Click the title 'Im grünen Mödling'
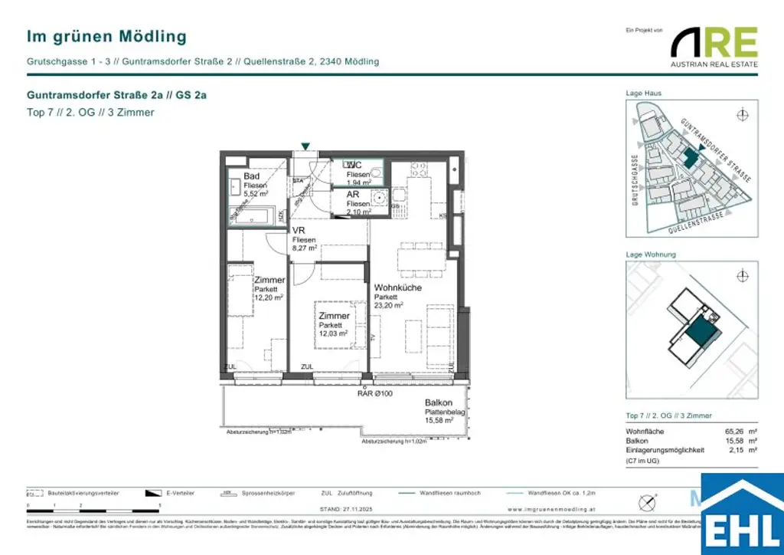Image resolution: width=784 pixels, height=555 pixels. pyautogui.click(x=106, y=36)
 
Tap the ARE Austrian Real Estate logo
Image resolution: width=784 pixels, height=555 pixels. pyautogui.click(x=714, y=48)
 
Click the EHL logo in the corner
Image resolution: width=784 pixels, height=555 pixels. pyautogui.click(x=742, y=515)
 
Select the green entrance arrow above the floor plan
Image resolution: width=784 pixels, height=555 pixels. pyautogui.click(x=306, y=146)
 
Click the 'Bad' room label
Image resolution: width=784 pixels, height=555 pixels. pyautogui.click(x=252, y=176)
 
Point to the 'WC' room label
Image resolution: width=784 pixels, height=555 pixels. pyautogui.click(x=354, y=166)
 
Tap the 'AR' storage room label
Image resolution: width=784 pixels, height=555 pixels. pyautogui.click(x=352, y=195)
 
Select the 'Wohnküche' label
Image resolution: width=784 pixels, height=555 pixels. pyautogui.click(x=397, y=287)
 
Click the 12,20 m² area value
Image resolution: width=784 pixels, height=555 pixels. pyautogui.click(x=269, y=297)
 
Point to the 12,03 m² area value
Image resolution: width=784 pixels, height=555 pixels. pyautogui.click(x=333, y=333)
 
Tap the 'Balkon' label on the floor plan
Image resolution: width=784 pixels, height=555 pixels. pyautogui.click(x=439, y=402)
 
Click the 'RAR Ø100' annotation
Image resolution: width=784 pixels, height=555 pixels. pyautogui.click(x=375, y=394)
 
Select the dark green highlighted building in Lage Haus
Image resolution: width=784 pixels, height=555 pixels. pyautogui.click(x=690, y=157)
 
